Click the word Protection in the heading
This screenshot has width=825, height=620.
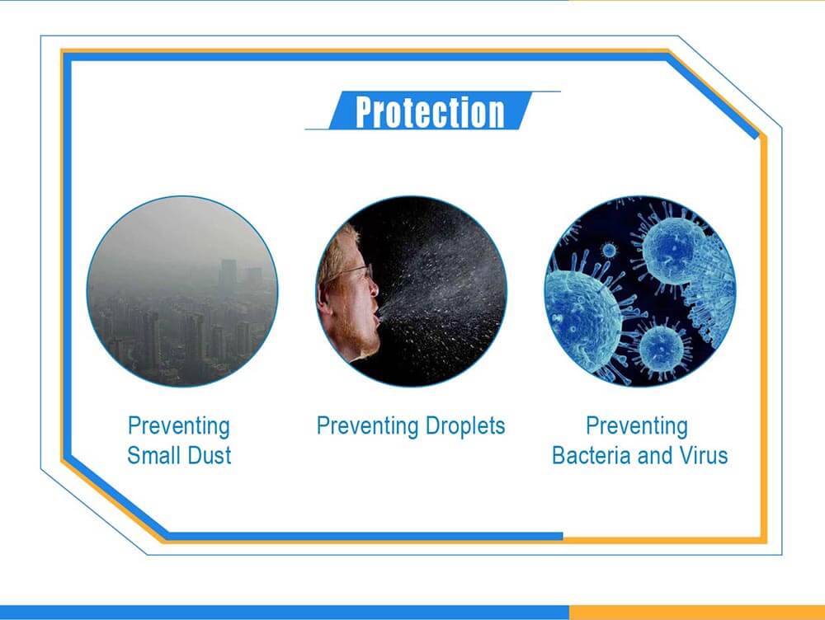pyautogui.click(x=430, y=111)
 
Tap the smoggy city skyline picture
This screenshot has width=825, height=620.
pyautogui.click(x=182, y=291)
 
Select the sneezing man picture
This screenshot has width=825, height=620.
pyautogui.click(x=411, y=291)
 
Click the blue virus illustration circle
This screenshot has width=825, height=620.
pyautogui.click(x=640, y=291)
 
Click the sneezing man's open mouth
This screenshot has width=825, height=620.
pyautogui.click(x=375, y=317)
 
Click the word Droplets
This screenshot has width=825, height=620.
pyautogui.click(x=465, y=426)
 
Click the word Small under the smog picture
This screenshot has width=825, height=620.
pyautogui.click(x=154, y=455)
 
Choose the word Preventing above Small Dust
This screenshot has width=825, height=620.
pyautogui.click(x=179, y=426)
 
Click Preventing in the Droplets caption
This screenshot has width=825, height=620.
pyautogui.click(x=367, y=426)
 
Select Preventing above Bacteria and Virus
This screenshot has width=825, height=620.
pyautogui.click(x=637, y=426)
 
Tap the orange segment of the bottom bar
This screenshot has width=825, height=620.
pyautogui.click(x=696, y=612)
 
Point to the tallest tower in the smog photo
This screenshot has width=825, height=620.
pyautogui.click(x=229, y=274)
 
